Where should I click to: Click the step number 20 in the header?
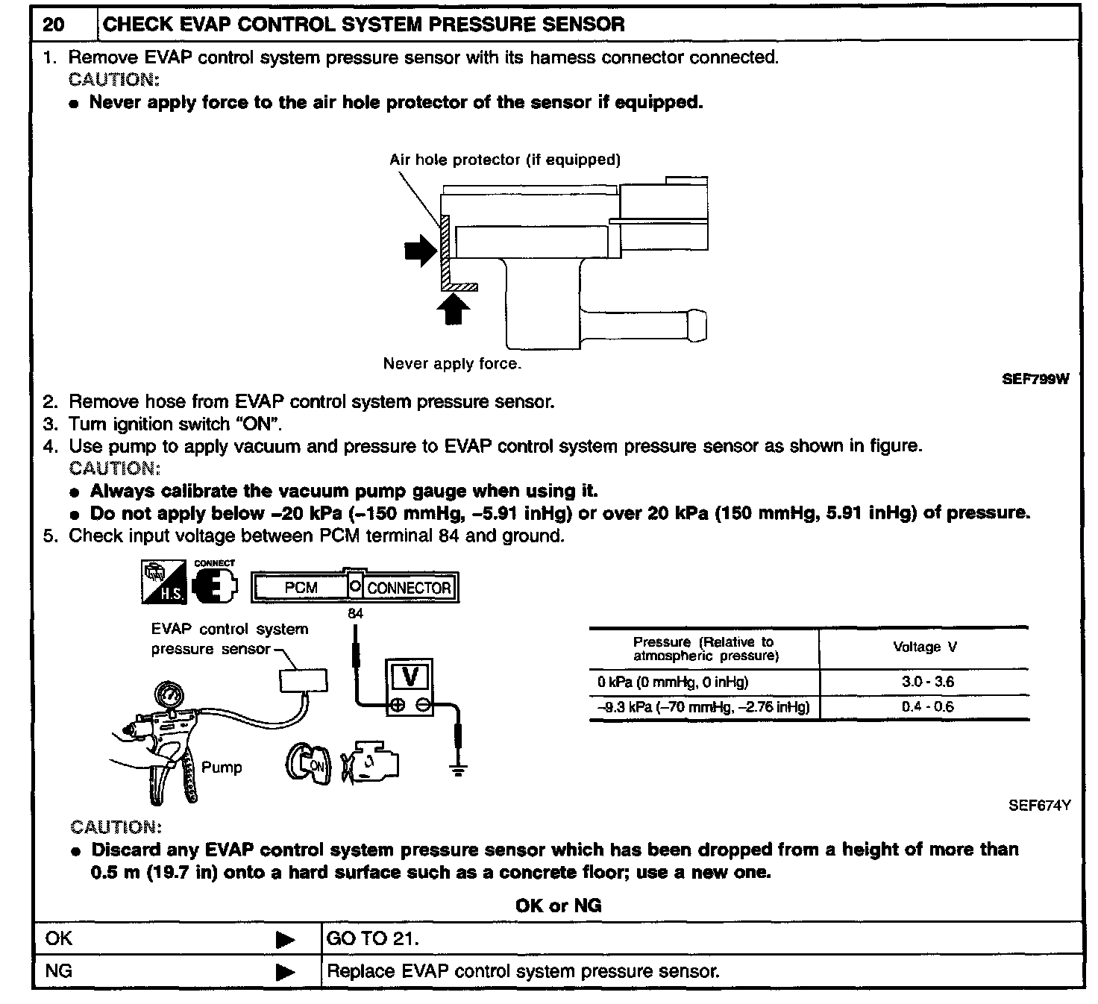(x=53, y=25)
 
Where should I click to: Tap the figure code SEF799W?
(x=1035, y=379)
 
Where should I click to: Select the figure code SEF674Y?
(x=1039, y=806)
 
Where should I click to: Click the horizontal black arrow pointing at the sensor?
(x=420, y=251)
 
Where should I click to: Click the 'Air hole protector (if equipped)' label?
(x=504, y=160)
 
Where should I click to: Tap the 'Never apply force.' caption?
(x=452, y=364)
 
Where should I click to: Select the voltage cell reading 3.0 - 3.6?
(x=923, y=682)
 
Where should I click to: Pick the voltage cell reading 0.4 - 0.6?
(x=923, y=706)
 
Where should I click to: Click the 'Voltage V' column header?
(x=924, y=647)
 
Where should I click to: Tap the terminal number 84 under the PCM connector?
(x=356, y=614)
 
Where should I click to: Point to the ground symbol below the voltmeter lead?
(x=458, y=770)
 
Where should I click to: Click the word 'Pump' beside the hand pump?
(x=222, y=768)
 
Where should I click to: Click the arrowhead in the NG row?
(x=285, y=972)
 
